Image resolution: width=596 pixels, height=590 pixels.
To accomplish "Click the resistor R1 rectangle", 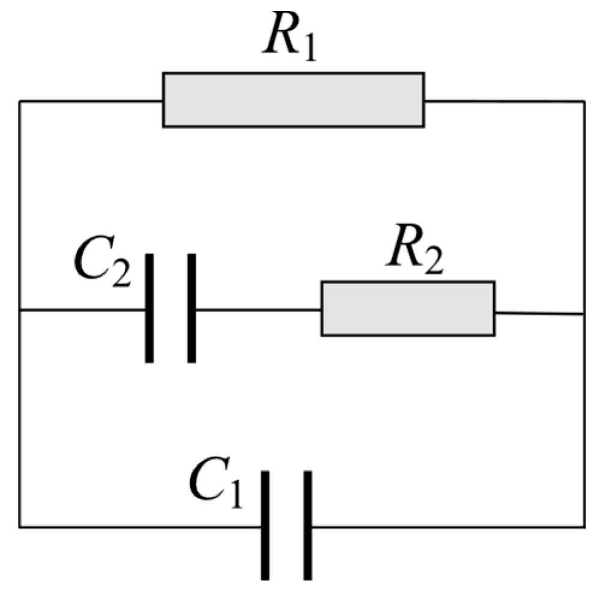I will [x=293, y=100].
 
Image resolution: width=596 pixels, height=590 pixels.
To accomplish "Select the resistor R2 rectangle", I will [x=407, y=308].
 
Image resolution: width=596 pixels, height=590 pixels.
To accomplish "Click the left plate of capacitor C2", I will [x=149, y=308].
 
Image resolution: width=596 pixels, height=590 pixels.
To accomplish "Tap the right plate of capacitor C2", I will [x=191, y=308].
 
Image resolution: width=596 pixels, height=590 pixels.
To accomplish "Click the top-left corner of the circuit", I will [x=20, y=101].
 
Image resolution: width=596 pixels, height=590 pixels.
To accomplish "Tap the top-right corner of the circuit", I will [x=583, y=102].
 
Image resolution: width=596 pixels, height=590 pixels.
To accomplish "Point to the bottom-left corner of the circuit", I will [x=20, y=528].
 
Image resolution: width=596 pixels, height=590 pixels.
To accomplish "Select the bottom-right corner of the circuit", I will [x=583, y=528].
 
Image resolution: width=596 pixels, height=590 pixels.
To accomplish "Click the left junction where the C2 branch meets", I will [x=20, y=310].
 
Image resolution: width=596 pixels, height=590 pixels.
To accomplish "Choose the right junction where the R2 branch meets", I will [x=583, y=314].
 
